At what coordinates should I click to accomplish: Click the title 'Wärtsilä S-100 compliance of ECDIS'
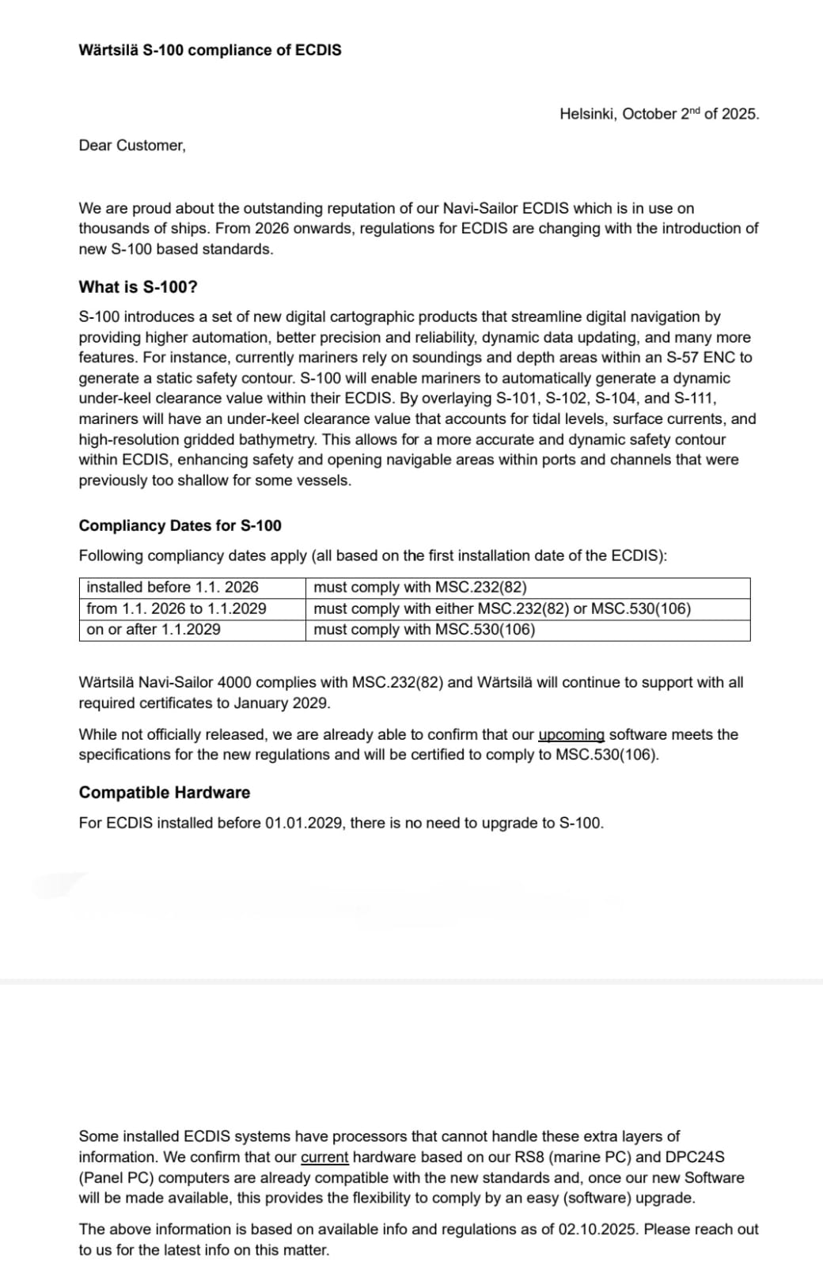[210, 50]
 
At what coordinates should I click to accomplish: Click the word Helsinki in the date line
[587, 114]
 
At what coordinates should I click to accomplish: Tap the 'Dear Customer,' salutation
[132, 146]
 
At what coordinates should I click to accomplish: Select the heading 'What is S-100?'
[138, 287]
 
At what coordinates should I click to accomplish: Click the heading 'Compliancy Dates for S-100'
[180, 526]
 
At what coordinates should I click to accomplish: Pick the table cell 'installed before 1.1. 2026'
[173, 588]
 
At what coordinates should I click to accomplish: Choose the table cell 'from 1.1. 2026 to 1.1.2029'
[176, 609]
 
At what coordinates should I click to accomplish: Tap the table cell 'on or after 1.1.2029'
[154, 630]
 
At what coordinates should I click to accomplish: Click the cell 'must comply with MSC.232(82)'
[420, 588]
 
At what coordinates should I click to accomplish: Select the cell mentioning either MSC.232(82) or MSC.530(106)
[502, 609]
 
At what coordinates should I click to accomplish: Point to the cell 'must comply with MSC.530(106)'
[424, 630]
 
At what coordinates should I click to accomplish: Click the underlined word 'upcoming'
[571, 735]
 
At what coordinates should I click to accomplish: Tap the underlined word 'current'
[324, 1158]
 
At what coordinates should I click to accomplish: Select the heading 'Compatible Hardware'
[164, 793]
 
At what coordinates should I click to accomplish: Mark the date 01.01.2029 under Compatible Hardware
[304, 824]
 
